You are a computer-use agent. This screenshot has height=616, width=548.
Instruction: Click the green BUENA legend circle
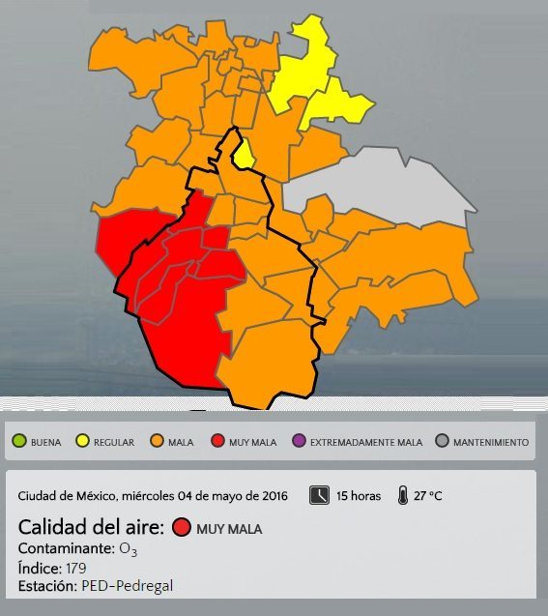[x=19, y=442]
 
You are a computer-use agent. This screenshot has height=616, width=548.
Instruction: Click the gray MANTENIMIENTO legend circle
[x=443, y=442]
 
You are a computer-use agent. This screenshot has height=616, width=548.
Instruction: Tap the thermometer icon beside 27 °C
[x=401, y=495]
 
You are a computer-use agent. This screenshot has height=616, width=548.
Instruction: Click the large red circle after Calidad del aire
[x=181, y=528]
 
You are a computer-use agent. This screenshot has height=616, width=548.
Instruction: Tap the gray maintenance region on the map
[x=387, y=184]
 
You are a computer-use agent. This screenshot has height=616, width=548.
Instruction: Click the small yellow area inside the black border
[x=245, y=152]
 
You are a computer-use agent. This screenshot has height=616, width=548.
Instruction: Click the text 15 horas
[x=359, y=496]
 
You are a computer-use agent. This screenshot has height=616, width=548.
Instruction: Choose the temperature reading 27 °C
[x=428, y=496]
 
